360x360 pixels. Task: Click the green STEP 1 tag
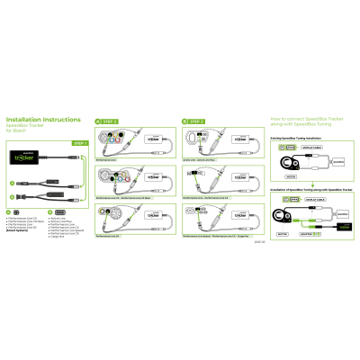pyautogui.click(x=79, y=143)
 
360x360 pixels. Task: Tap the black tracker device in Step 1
pyautogui.click(x=26, y=157)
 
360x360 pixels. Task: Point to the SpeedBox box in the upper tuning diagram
pyautogui.click(x=338, y=164)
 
